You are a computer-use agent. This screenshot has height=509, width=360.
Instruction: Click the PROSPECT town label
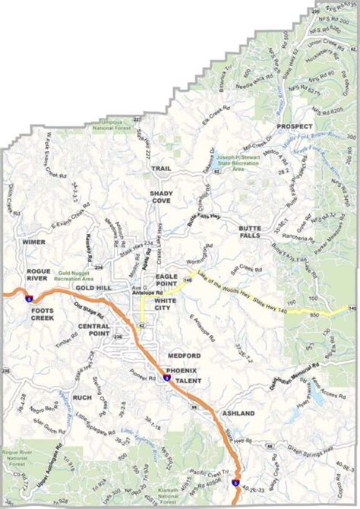pos(294,126)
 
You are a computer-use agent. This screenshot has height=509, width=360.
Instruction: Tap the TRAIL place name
pos(160,168)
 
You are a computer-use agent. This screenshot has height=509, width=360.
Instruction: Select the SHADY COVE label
pos(160,198)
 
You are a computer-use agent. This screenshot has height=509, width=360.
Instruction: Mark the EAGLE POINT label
pos(166,280)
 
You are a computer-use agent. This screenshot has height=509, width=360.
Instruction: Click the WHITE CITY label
pos(166,305)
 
